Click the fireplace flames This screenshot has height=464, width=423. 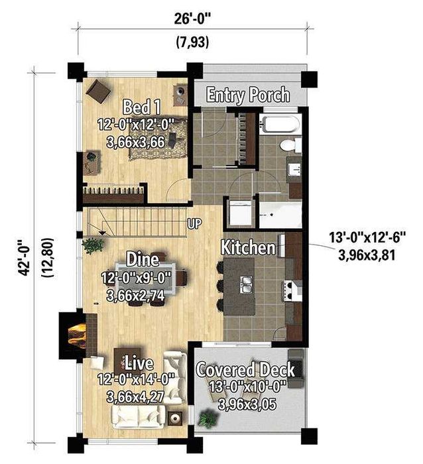[77, 333]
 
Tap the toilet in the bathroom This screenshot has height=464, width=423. [290, 145]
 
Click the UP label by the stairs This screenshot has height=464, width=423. [194, 223]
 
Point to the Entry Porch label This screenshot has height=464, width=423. [248, 95]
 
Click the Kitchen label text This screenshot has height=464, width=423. [248, 247]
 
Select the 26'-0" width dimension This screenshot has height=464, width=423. [194, 19]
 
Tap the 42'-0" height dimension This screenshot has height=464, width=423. [24, 257]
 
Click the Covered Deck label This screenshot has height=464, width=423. [245, 370]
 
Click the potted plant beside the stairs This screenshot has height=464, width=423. [93, 245]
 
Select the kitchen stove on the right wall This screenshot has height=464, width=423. [294, 291]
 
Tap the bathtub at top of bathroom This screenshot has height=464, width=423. [280, 124]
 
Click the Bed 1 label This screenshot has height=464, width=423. [142, 107]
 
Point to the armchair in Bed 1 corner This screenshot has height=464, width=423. [99, 91]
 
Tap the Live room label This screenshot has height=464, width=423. [139, 364]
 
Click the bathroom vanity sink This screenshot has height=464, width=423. [295, 170]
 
